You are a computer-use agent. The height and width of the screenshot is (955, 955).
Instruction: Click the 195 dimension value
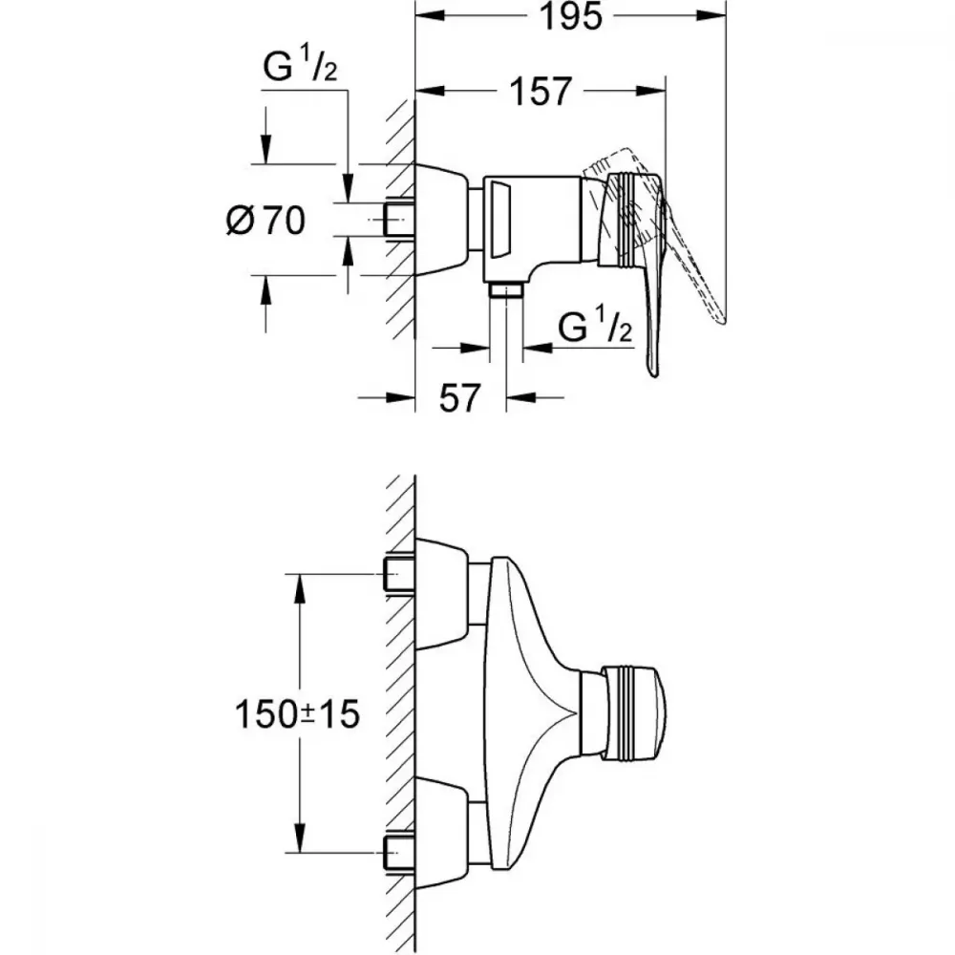[571, 17]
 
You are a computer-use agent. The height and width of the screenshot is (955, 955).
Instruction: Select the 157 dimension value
[541, 92]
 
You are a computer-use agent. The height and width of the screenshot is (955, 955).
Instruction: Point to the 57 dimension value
[460, 397]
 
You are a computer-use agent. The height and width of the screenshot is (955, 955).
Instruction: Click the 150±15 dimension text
[297, 713]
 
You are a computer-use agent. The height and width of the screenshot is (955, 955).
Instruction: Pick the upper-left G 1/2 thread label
[300, 67]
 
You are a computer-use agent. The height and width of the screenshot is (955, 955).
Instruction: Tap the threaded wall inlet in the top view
[399, 219]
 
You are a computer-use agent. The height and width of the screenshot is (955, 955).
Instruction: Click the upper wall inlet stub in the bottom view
[399, 575]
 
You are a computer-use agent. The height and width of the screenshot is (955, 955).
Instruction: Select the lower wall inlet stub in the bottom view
[399, 852]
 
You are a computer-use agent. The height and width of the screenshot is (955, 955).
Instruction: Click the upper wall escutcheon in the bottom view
[441, 593]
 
